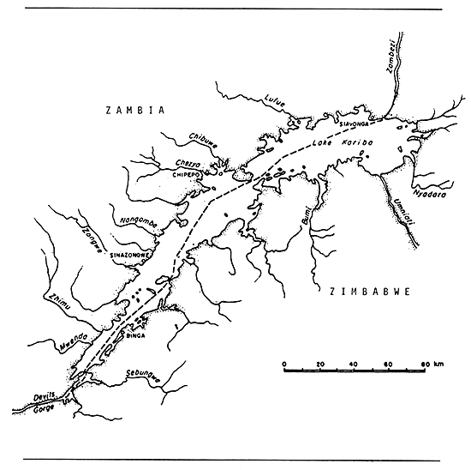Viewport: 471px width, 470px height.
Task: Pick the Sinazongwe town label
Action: [x=131, y=255]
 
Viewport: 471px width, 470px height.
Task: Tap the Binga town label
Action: [x=137, y=336]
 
